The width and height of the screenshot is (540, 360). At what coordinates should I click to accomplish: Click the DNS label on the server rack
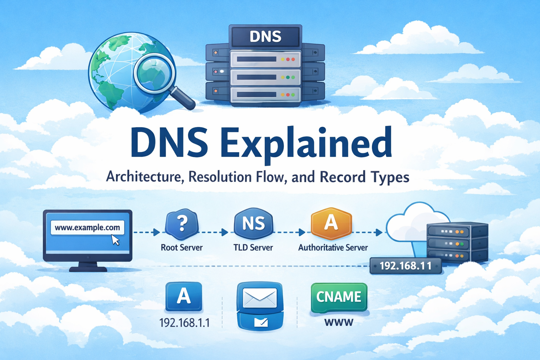coord(265,37)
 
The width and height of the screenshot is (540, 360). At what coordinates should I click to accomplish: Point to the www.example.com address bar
coord(87,227)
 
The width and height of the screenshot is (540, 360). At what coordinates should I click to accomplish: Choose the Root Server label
coord(182,247)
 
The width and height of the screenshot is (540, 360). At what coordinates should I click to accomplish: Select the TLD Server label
coord(253,247)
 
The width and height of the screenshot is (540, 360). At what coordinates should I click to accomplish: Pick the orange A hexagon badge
coord(331,223)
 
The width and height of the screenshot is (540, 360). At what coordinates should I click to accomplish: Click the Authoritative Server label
coord(333,247)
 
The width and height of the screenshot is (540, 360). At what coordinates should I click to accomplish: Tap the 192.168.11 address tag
coord(405,265)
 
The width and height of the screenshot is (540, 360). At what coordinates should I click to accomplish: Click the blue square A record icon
coord(184,296)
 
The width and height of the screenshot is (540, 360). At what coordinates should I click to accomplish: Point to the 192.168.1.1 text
coord(184,322)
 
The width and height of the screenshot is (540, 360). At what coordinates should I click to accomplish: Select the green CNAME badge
coord(339,297)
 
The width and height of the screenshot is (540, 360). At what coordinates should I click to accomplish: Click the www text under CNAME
coord(339,322)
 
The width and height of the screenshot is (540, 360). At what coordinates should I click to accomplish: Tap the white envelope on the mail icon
coord(260,298)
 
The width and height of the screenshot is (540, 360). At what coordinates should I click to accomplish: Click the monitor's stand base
coord(88,269)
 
